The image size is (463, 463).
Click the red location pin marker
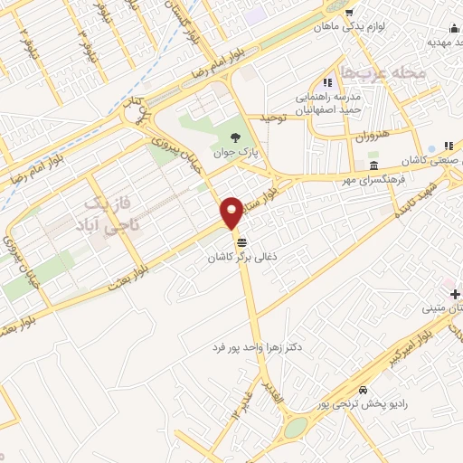click(x=232, y=212)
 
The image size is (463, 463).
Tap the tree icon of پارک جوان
click(x=235, y=138)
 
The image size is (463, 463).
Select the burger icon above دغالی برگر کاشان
click(x=241, y=242)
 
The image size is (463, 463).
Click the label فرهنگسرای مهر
click(x=370, y=180)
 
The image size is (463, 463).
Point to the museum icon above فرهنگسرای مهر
click(x=373, y=164)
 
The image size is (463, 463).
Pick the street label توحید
click(x=273, y=118)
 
